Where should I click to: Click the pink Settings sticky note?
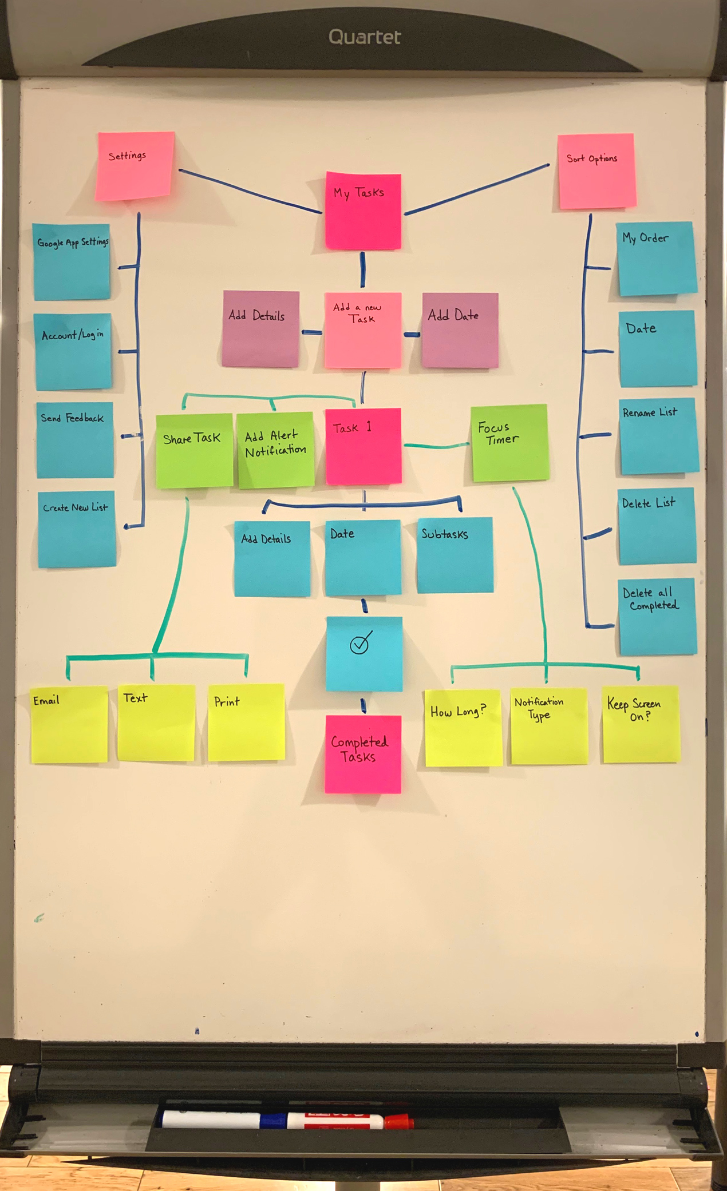click(135, 166)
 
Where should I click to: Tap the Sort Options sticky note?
click(596, 171)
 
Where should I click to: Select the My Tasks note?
click(363, 211)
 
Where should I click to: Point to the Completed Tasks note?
click(363, 754)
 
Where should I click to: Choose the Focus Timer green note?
click(509, 442)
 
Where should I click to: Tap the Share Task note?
click(194, 451)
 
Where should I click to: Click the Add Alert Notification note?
click(276, 450)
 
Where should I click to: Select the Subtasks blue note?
click(455, 555)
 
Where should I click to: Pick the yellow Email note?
click(69, 724)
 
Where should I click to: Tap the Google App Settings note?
click(72, 261)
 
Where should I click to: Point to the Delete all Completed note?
click(657, 616)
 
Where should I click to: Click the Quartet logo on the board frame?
click(365, 37)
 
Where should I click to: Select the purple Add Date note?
click(460, 330)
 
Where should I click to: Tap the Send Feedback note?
click(75, 439)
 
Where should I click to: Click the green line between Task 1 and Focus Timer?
click(436, 446)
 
